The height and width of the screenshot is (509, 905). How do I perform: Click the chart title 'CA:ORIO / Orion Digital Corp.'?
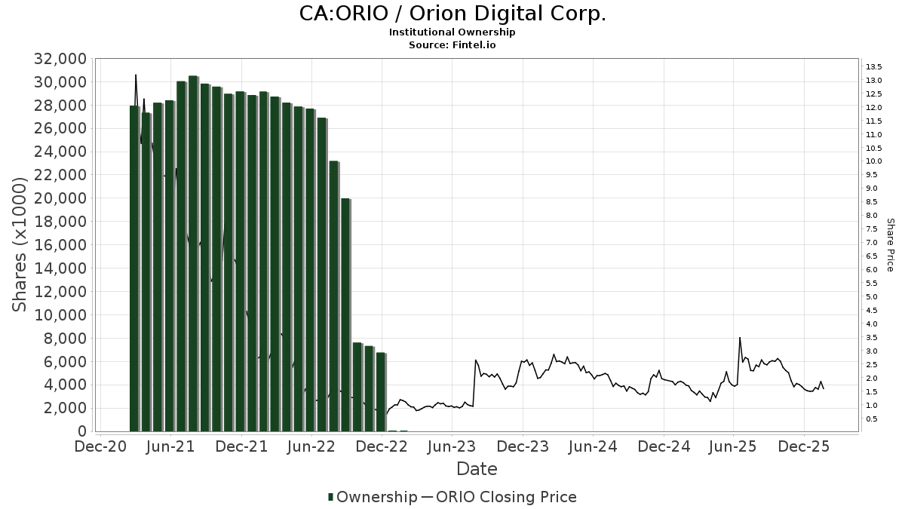click(x=452, y=14)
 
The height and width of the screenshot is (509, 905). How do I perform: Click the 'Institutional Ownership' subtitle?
click(x=452, y=32)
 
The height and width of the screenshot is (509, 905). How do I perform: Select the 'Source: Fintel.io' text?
click(x=452, y=44)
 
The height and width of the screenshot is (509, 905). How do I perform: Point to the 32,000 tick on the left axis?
click(x=59, y=59)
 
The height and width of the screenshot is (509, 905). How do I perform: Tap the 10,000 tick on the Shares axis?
click(x=59, y=315)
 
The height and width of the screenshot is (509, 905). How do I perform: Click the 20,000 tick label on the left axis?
click(x=59, y=198)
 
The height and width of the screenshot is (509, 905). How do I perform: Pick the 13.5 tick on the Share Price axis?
click(x=874, y=67)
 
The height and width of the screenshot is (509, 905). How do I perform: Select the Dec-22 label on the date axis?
click(x=382, y=447)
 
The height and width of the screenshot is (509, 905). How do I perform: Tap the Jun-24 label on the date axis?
click(x=593, y=447)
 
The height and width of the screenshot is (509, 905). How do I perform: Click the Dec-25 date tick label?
click(x=804, y=447)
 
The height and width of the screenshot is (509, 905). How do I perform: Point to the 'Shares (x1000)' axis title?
click(x=20, y=245)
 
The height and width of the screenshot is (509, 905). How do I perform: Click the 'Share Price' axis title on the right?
click(x=891, y=245)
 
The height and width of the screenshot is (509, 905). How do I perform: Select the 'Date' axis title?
click(x=477, y=469)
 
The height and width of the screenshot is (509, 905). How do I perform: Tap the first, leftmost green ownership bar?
click(x=134, y=268)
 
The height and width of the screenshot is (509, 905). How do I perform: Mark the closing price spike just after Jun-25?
click(x=740, y=339)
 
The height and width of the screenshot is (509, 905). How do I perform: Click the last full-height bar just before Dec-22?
click(x=380, y=392)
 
